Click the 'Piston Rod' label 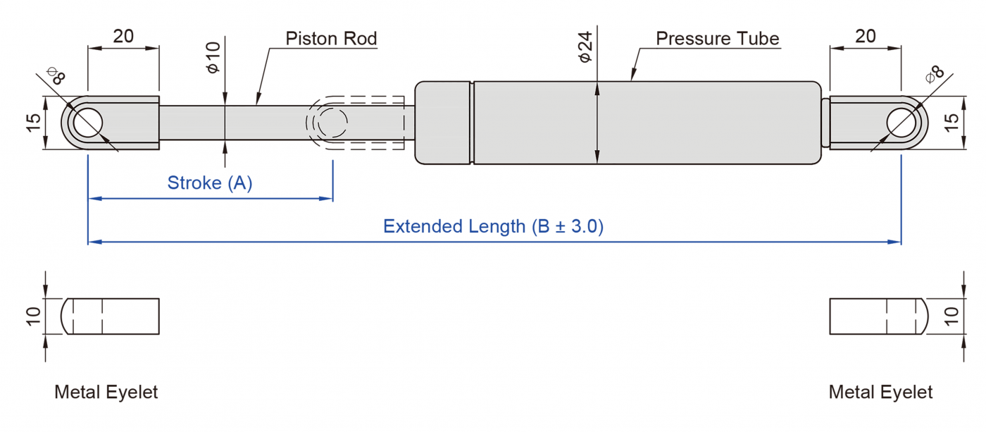click(x=331, y=38)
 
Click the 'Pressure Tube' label click(x=717, y=38)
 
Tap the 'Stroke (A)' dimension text click(x=209, y=183)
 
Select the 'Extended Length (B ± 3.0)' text click(x=493, y=226)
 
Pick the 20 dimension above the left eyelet click(x=123, y=36)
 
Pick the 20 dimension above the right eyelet click(x=865, y=36)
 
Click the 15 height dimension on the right click(x=951, y=123)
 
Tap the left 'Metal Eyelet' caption click(x=106, y=392)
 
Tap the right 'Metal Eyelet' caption click(x=880, y=392)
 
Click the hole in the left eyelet click(x=86, y=123)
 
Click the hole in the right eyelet click(x=903, y=123)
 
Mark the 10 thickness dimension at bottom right click(x=951, y=316)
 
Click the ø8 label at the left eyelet click(x=56, y=75)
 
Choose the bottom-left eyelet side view click(x=111, y=316)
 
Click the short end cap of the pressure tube click(x=442, y=123)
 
